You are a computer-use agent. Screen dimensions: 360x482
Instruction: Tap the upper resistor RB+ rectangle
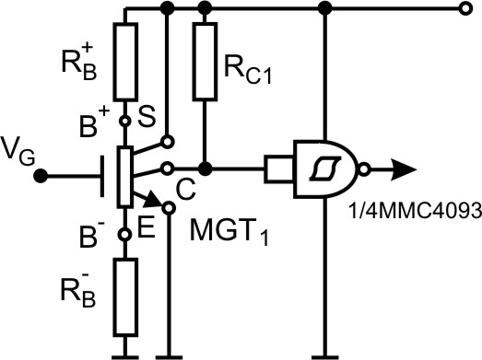[125, 61]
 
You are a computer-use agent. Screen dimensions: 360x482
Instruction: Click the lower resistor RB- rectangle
[125, 296]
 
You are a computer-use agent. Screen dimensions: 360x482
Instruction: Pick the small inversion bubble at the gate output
[366, 169]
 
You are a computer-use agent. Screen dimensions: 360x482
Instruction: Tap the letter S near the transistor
[145, 116]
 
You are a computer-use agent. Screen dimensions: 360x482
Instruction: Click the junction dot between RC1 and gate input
[206, 169]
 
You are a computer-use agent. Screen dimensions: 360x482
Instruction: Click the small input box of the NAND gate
[277, 169]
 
